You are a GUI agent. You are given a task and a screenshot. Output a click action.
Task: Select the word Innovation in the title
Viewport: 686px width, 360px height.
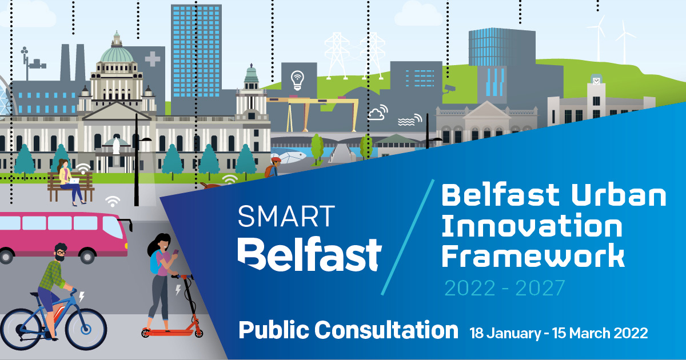(x=532, y=227)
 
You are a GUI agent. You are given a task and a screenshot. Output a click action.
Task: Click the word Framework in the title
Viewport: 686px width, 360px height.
(x=533, y=257)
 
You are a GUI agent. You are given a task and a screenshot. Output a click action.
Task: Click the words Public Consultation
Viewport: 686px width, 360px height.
(x=348, y=330)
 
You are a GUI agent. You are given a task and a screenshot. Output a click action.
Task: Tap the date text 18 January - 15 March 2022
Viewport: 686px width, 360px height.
(x=559, y=333)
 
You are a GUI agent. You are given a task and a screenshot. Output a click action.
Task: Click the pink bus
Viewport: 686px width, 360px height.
(x=63, y=234)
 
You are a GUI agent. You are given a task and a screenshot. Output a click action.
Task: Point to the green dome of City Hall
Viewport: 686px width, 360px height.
(x=117, y=55)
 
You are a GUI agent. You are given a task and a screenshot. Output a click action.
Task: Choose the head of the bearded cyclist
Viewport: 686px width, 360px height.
(x=61, y=252)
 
